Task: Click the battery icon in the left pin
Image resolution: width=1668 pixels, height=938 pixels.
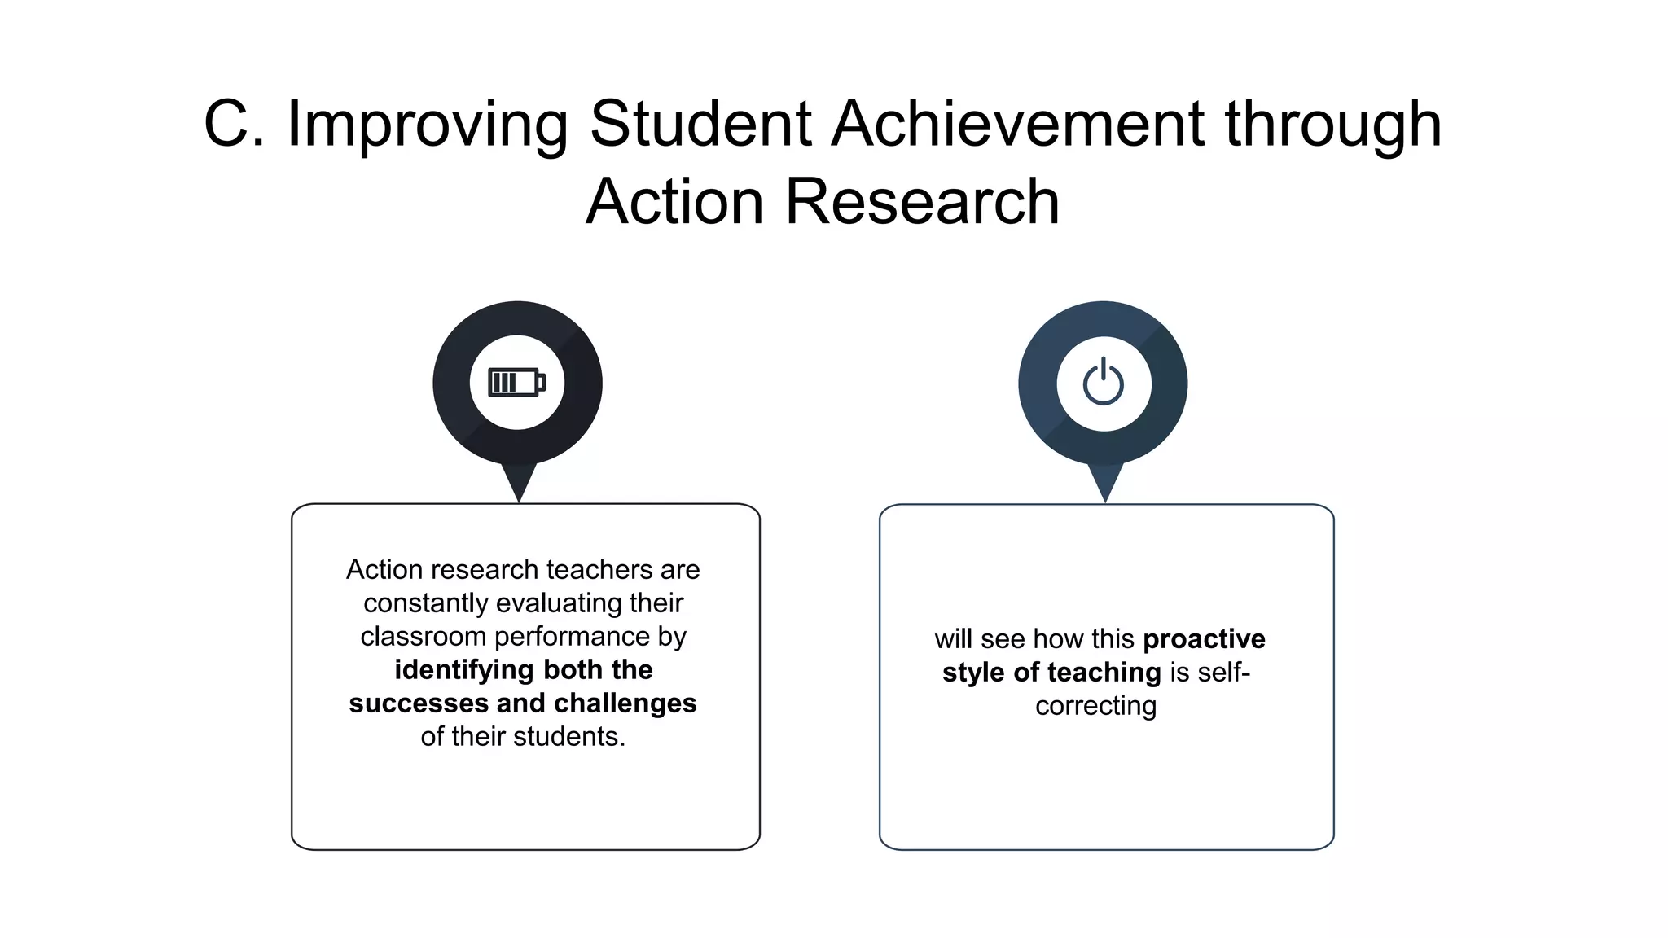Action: [516, 382]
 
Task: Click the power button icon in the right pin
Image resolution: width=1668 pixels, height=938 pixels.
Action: [1104, 382]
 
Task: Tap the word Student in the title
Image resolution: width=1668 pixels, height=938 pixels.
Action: [700, 124]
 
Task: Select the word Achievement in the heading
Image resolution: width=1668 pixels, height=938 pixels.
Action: [1018, 124]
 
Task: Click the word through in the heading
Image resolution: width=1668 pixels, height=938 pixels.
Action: [1333, 124]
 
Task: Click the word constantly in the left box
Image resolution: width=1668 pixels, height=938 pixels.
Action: [426, 603]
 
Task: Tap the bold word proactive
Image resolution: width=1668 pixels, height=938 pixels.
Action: [1204, 639]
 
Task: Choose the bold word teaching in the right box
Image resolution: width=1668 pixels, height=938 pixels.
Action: [1104, 673]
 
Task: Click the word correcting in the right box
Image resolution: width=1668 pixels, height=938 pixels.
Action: [1095, 705]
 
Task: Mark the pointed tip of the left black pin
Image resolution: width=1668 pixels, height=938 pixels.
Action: [519, 500]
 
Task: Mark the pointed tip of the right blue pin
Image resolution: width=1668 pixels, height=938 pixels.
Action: [1105, 500]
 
